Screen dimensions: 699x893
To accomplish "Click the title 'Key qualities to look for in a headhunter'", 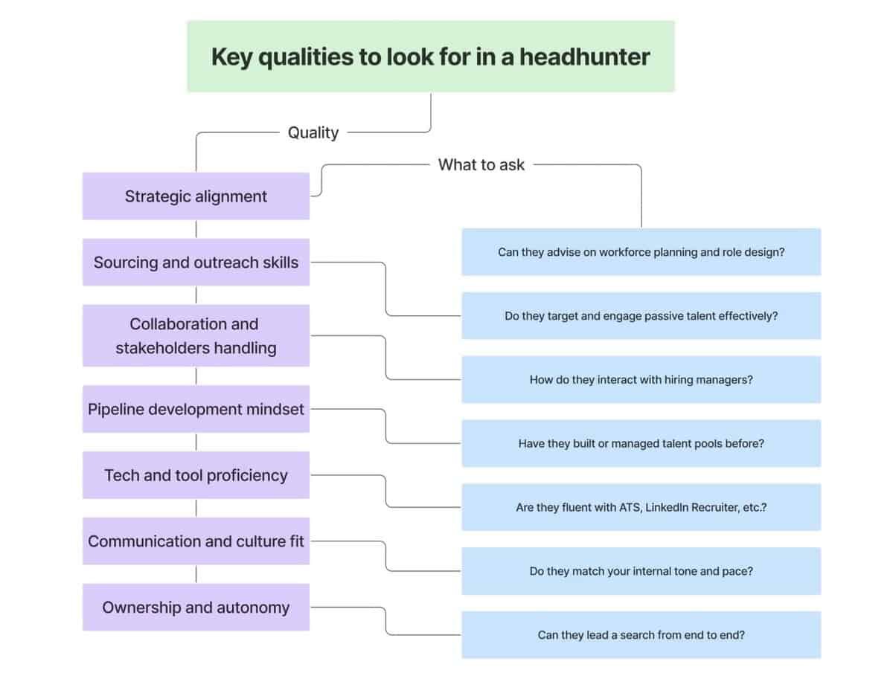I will pos(430,57).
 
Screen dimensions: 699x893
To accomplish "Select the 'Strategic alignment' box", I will pos(196,196).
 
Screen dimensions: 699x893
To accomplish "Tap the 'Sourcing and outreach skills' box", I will pos(196,262).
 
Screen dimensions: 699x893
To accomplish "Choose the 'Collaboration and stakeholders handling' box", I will pos(196,335).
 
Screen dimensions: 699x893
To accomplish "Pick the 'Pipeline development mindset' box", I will pos(196,409).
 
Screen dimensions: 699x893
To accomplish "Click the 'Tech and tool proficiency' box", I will pos(196,475).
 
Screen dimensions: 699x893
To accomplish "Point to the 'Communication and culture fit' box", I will pos(196,541).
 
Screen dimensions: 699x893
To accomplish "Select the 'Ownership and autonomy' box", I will pos(196,608).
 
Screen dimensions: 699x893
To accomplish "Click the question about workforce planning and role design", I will pos(641,252).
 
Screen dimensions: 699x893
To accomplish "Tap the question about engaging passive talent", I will pos(641,316).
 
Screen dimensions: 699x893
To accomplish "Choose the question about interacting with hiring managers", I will pos(641,380).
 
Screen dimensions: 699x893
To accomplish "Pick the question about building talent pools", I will pos(641,444).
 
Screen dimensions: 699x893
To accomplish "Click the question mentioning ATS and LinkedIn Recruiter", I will pos(641,508).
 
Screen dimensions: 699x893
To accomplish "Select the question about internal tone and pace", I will pos(641,572).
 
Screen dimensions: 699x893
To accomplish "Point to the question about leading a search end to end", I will pos(641,636).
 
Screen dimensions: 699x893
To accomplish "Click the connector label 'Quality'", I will pos(313,132).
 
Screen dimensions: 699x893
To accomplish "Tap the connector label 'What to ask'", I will pos(481,165).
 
